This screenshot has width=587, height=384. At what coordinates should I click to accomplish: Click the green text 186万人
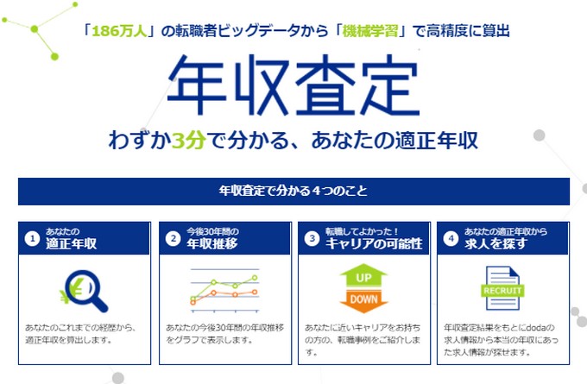pyautogui.click(x=119, y=31)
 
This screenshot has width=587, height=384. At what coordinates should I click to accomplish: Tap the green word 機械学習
pyautogui.click(x=370, y=31)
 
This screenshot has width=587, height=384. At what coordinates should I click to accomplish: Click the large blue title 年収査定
pyautogui.click(x=293, y=85)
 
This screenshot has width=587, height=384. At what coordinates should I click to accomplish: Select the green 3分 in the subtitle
pyautogui.click(x=189, y=140)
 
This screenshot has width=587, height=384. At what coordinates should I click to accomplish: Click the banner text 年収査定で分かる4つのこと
pyautogui.click(x=293, y=191)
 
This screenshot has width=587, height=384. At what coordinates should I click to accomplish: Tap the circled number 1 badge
pyautogui.click(x=33, y=239)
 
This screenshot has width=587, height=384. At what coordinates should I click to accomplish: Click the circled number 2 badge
pyautogui.click(x=174, y=239)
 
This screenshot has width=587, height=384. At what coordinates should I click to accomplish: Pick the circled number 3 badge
pyautogui.click(x=312, y=239)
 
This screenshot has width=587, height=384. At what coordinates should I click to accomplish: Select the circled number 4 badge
pyautogui.click(x=451, y=239)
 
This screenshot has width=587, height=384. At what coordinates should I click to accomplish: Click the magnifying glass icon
pyautogui.click(x=87, y=291)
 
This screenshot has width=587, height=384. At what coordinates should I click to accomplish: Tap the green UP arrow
pyautogui.click(x=363, y=275)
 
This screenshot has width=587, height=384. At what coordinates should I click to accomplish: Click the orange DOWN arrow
pyautogui.click(x=363, y=300)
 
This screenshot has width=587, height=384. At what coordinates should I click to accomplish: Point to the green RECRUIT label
pyautogui.click(x=502, y=291)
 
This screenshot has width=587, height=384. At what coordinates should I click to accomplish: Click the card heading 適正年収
pyautogui.click(x=71, y=244)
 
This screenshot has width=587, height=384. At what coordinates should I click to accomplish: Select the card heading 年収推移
pyautogui.click(x=211, y=244)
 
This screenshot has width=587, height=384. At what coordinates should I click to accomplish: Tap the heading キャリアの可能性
pyautogui.click(x=374, y=244)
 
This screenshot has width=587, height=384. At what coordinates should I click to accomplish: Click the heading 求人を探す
pyautogui.click(x=496, y=244)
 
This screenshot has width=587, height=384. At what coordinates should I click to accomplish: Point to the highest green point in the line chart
pyautogui.click(x=255, y=278)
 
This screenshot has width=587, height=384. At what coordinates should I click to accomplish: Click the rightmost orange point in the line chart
pyautogui.click(x=255, y=292)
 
